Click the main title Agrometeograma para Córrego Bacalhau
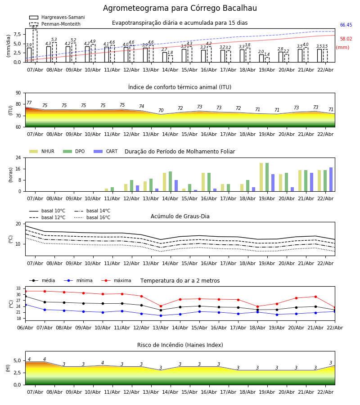pyautogui.click(x=180, y=9)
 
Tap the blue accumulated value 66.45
pyautogui.click(x=346, y=25)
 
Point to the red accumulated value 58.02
pyautogui.click(x=346, y=39)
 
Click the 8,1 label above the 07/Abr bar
pyautogui.click(x=35, y=27)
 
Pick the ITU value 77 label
pyautogui.click(x=29, y=103)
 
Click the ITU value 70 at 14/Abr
pyautogui.click(x=161, y=111)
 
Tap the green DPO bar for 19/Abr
pyautogui.click(x=267, y=177)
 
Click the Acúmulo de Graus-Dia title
pyautogui.click(x=180, y=216)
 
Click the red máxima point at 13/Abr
pyautogui.click(x=161, y=306)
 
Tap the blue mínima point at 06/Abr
pyautogui.click(x=25, y=305)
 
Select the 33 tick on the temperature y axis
pyautogui.click(x=19, y=288)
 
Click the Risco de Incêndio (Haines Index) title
pyautogui.click(x=180, y=345)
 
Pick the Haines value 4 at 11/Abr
pyautogui.click(x=103, y=363)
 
